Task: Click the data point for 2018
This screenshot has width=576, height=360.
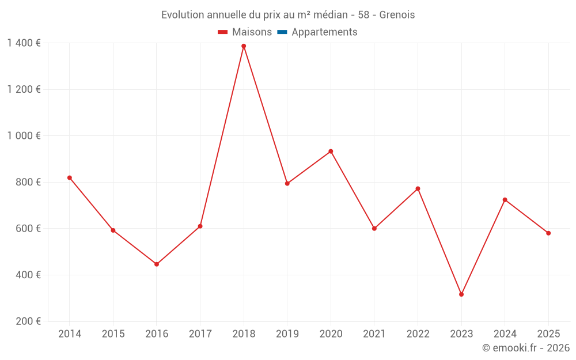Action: pos(244,46)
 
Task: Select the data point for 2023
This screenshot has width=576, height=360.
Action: pos(461,294)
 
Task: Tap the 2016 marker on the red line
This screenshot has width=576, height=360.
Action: pos(157,264)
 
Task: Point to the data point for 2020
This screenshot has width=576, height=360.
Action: pos(331,151)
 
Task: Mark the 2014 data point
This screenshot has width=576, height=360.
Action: pos(70,178)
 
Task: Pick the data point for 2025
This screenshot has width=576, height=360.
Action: pos(548,233)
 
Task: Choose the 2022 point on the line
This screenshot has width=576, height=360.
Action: pos(418,189)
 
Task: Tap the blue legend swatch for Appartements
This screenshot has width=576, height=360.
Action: pos(282,32)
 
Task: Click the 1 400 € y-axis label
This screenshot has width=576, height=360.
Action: pos(24,43)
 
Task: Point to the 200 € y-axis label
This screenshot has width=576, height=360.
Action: pos(28,321)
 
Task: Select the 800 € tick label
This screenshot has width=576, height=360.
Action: pos(28,182)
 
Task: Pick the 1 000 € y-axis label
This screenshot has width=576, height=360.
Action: pos(24,136)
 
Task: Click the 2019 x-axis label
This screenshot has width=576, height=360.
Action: pos(287,334)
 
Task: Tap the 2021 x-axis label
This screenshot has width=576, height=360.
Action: pos(374,334)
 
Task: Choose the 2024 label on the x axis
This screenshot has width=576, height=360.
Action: pos(505,334)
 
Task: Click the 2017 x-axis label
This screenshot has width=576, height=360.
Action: pos(200,334)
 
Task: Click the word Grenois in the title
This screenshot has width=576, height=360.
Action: pos(397,15)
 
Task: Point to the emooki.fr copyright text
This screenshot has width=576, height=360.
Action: pos(526,348)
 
